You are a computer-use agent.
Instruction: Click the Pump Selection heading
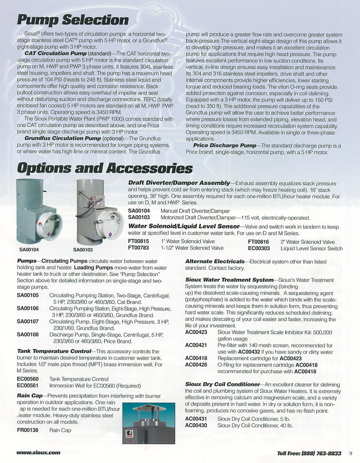coord(72,20)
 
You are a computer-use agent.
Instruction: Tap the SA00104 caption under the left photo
coord(29,249)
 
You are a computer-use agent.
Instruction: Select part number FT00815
coord(139,242)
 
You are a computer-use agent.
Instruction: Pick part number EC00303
coord(259,248)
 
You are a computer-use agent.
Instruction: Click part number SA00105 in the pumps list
coord(28,296)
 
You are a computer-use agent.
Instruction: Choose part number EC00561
coord(28,385)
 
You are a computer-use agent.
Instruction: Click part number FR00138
coord(28,430)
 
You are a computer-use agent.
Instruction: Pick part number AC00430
coord(196,425)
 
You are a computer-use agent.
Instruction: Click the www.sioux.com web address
coord(38,453)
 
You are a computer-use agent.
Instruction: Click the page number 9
coord(350,453)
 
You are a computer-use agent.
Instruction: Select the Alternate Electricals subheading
coord(214,261)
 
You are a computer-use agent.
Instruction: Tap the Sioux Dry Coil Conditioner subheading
coord(223,385)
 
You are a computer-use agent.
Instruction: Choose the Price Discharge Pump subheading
coord(224,146)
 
